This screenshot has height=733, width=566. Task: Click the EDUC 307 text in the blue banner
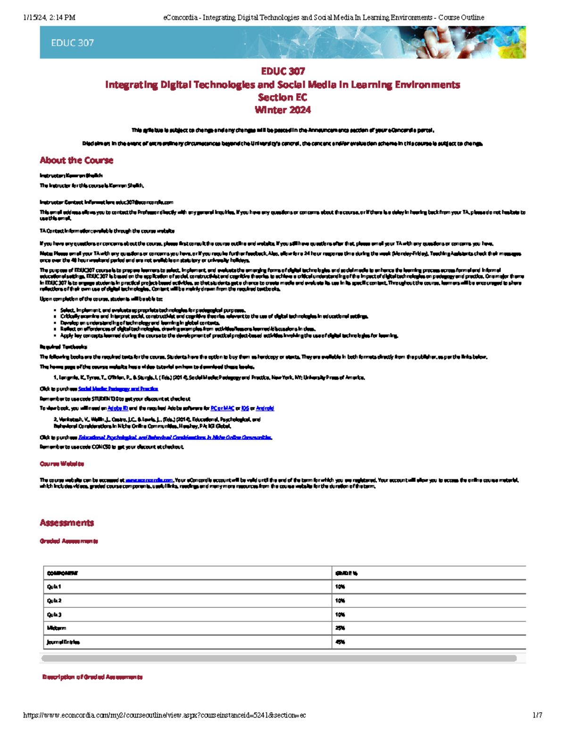click(x=72, y=43)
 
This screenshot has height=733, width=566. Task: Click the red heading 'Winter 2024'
click(x=283, y=110)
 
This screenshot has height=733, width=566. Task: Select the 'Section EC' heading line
click(x=283, y=97)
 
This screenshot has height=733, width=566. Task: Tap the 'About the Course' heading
click(x=76, y=160)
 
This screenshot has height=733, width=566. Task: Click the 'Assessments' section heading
click(x=67, y=522)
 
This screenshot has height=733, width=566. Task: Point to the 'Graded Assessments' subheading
click(x=69, y=541)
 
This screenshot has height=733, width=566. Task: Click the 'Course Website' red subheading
click(x=62, y=464)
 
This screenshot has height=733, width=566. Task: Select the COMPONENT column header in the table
click(x=62, y=573)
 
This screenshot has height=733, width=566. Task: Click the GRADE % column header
click(x=346, y=573)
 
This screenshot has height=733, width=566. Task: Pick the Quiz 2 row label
click(x=54, y=601)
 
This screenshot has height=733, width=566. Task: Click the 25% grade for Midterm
click(x=340, y=628)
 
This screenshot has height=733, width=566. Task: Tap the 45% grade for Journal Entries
click(x=340, y=642)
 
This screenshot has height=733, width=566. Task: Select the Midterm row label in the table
click(x=57, y=628)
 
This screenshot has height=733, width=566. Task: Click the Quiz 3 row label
click(x=54, y=615)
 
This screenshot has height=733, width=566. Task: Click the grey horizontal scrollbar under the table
click(x=278, y=658)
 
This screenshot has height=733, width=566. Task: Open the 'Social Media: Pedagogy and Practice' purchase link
click(x=118, y=389)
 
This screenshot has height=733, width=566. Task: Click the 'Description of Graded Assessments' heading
click(x=92, y=677)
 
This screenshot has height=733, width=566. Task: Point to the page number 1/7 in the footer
click(x=537, y=716)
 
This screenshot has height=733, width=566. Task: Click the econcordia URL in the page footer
click(x=164, y=716)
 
